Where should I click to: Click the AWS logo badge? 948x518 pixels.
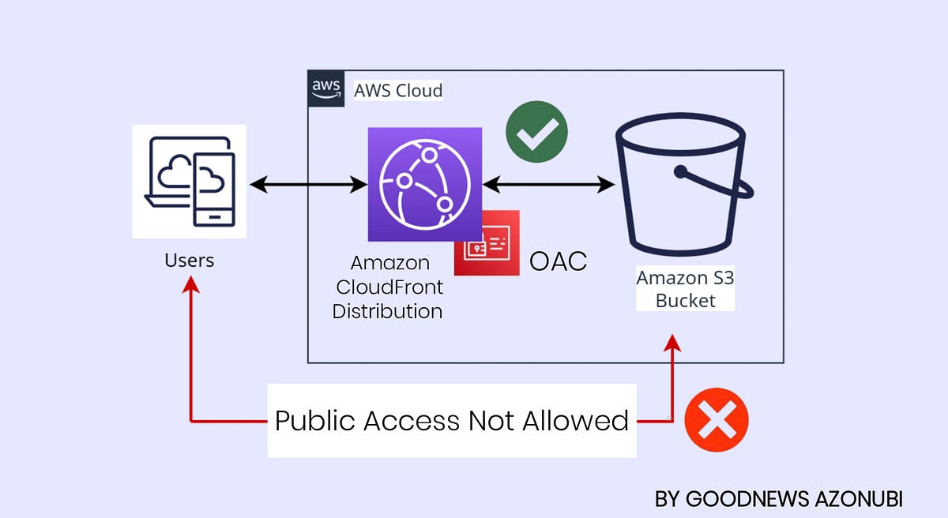325,88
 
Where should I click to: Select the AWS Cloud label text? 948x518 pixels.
397,90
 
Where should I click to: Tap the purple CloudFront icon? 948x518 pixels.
424,184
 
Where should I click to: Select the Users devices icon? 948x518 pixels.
189,181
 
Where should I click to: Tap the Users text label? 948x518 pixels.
189,260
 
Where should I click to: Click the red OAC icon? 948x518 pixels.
487,243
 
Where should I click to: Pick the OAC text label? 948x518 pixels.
558,261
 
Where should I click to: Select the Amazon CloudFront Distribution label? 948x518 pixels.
387,287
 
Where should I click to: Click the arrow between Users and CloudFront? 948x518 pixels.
308,186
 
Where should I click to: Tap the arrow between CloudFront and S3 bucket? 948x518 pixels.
548,186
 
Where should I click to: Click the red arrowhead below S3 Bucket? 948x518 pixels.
672,343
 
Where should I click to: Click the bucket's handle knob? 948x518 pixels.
679,171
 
